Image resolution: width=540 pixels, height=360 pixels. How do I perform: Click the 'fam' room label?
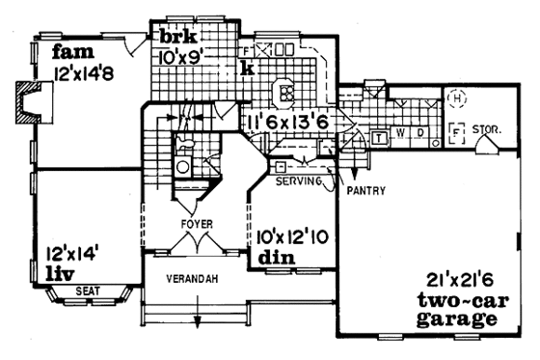pyautogui.click(x=71, y=50)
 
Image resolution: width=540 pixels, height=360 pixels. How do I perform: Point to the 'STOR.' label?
pyautogui.click(x=487, y=126)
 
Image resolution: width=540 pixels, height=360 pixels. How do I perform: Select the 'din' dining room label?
pyautogui.click(x=270, y=258)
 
